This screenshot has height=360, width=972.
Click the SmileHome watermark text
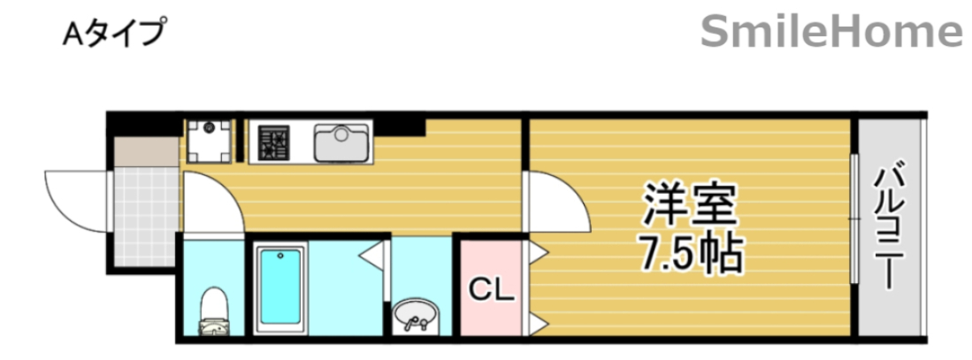point(831,33)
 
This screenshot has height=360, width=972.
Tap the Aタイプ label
point(114,33)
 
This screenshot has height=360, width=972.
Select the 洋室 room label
point(690,206)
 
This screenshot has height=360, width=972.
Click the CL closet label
point(490,289)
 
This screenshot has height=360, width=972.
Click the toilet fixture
point(212,314)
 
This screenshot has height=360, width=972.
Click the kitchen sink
point(341,142)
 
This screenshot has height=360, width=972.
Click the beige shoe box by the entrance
point(146,150)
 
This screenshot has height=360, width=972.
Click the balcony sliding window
point(854,218)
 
